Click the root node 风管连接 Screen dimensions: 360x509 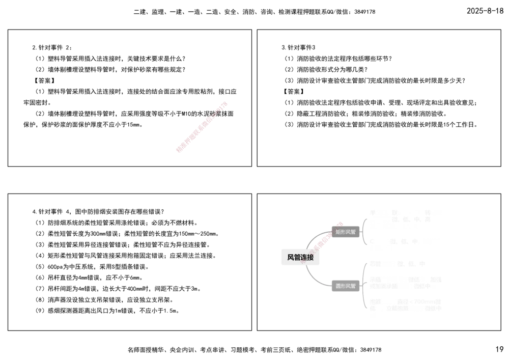click(300, 258)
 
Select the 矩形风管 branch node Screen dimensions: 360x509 click(345, 232)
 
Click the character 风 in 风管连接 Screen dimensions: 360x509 click(291, 258)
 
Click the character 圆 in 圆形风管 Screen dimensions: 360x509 click(338, 286)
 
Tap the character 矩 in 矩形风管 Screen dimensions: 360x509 click(338, 232)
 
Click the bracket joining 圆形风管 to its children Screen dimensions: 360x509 click(364, 286)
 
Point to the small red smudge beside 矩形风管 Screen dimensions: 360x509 click(340, 224)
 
